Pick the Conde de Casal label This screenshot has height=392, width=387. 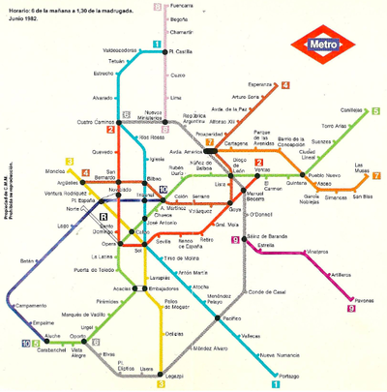tap(265, 291)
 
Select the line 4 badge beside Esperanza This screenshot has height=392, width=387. tap(286, 85)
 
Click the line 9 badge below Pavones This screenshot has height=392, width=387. tap(352, 310)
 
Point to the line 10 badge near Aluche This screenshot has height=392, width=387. tap(24, 343)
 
